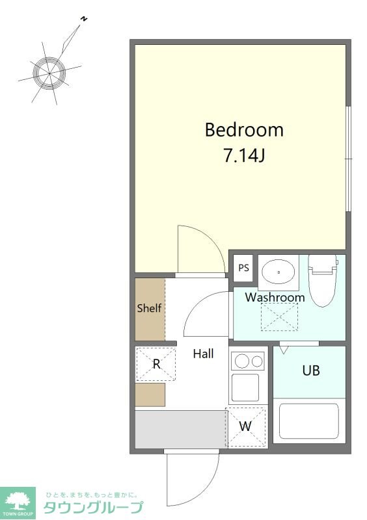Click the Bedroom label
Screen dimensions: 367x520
(x=244, y=129)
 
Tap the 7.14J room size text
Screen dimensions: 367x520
(x=244, y=155)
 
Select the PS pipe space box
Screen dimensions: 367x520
(x=243, y=268)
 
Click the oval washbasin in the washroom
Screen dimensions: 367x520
(x=279, y=272)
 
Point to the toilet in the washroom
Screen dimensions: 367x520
(x=323, y=280)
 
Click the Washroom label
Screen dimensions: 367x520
(x=275, y=297)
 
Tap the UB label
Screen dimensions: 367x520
(x=311, y=370)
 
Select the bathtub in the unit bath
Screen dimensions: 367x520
(x=309, y=421)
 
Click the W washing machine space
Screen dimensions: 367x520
(x=245, y=427)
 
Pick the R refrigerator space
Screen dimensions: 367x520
(x=156, y=364)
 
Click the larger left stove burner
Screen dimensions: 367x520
(x=242, y=361)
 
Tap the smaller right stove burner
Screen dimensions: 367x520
(x=257, y=361)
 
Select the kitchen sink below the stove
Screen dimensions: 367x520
(x=245, y=387)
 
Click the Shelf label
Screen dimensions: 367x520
(x=149, y=308)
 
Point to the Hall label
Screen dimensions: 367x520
(x=203, y=354)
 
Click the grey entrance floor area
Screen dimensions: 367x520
(x=181, y=430)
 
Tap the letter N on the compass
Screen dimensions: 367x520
(x=84, y=19)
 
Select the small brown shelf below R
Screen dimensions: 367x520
(x=150, y=395)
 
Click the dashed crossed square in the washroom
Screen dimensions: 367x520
(x=279, y=317)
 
